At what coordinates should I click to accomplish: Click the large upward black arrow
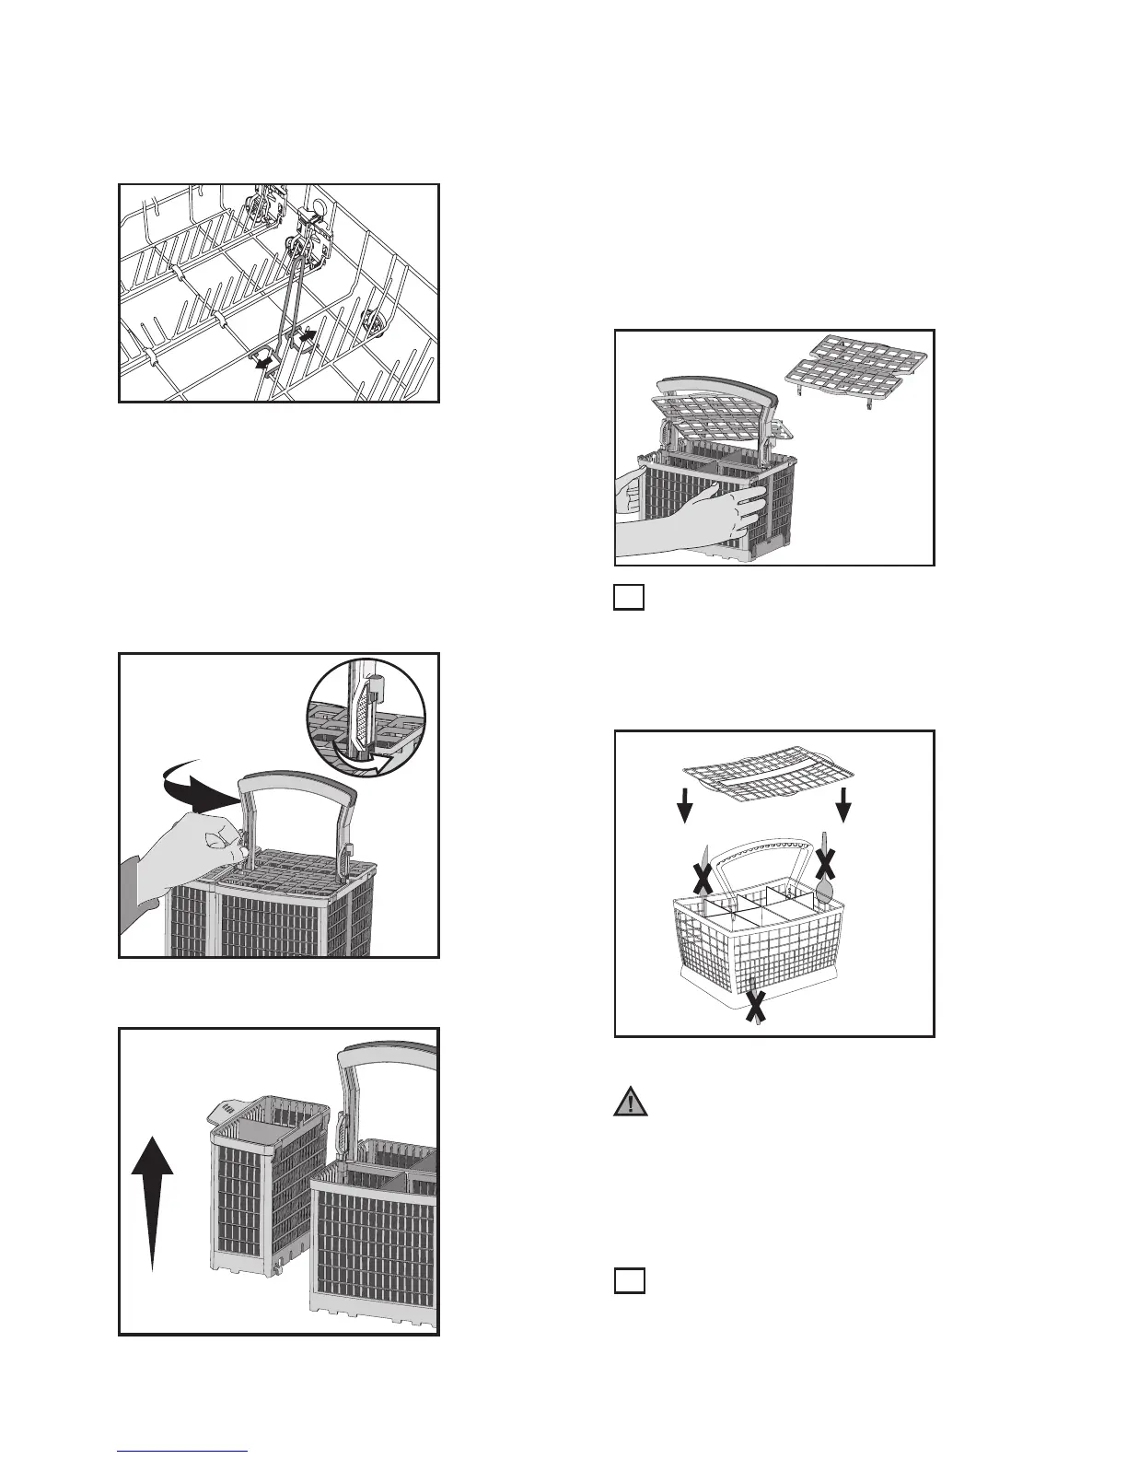pyautogui.click(x=152, y=1197)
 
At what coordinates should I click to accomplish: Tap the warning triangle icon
pyautogui.click(x=630, y=1103)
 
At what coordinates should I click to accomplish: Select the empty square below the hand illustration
pyautogui.click(x=628, y=598)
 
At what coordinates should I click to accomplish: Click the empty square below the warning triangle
pyautogui.click(x=628, y=1280)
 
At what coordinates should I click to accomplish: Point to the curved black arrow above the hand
pyautogui.click(x=193, y=783)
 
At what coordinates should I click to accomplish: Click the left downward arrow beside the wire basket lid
pyautogui.click(x=684, y=810)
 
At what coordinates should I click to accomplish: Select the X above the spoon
pyautogui.click(x=826, y=863)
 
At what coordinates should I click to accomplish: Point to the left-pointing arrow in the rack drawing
pyautogui.click(x=264, y=363)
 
